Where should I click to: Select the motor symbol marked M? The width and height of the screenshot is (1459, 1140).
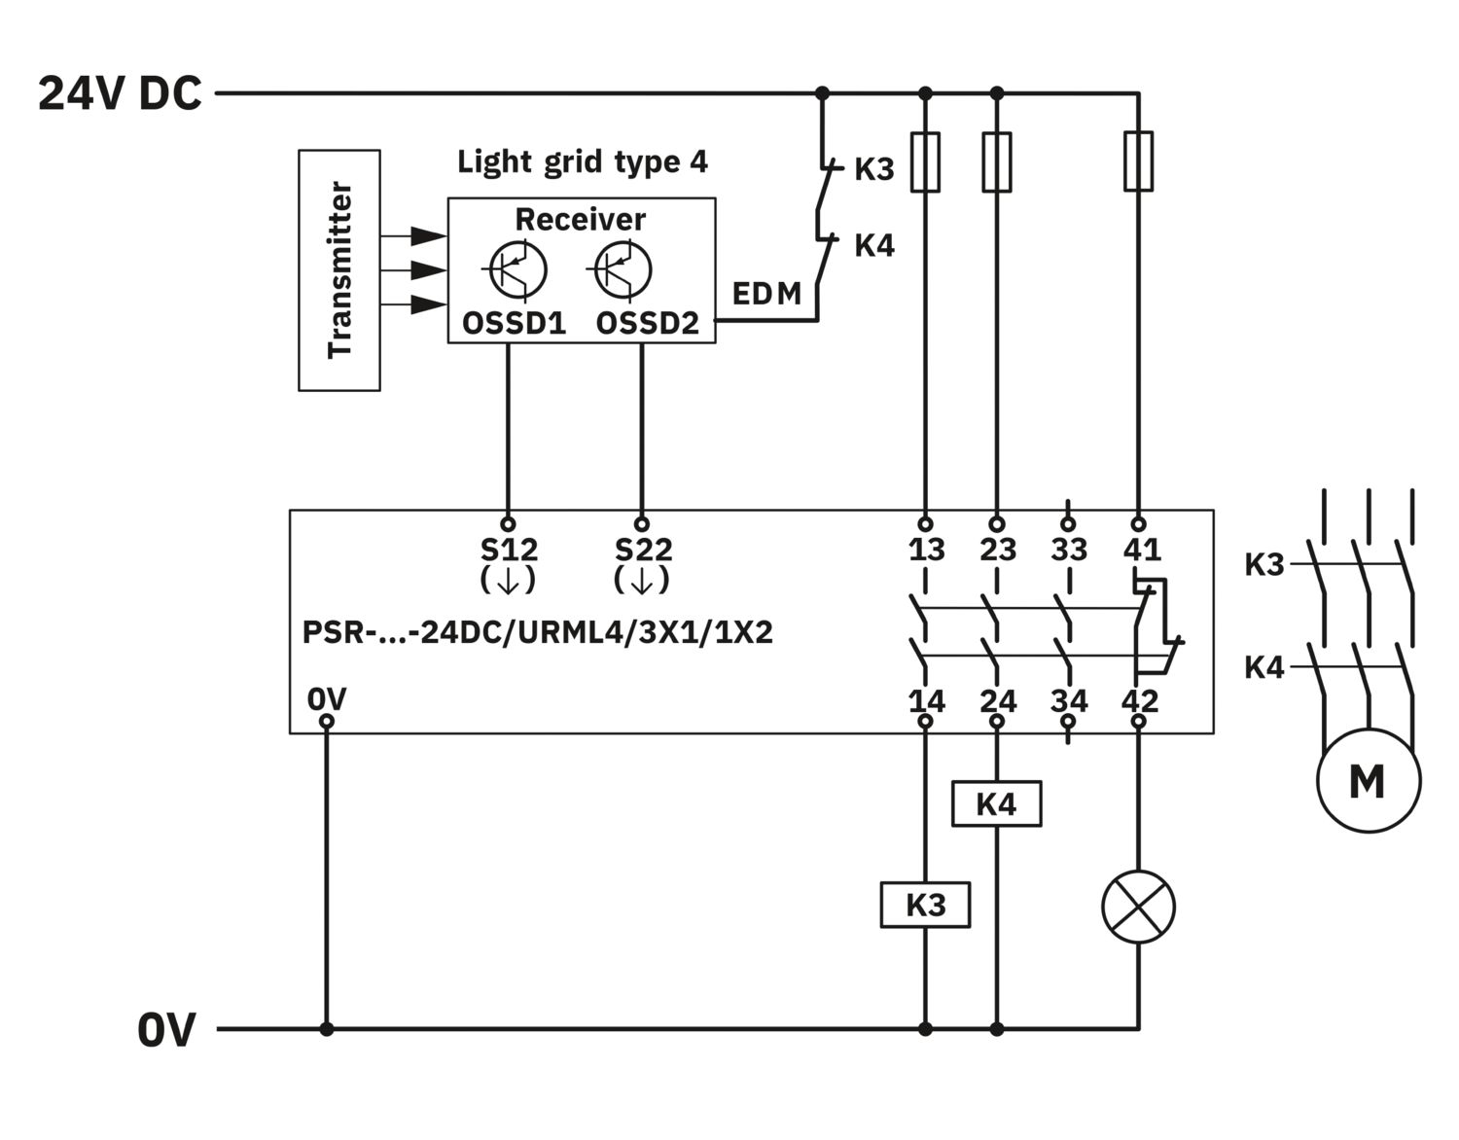click(x=1369, y=780)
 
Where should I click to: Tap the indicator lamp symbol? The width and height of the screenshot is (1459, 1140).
click(x=1138, y=907)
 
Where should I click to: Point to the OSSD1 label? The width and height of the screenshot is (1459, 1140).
click(x=514, y=324)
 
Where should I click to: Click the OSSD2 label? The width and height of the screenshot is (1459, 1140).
click(x=647, y=324)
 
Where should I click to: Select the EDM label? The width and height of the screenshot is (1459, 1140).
click(x=766, y=294)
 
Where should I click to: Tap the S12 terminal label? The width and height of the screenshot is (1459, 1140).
click(x=509, y=550)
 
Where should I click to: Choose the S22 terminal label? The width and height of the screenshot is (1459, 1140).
click(x=643, y=550)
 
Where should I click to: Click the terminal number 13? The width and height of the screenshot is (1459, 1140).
click(x=927, y=550)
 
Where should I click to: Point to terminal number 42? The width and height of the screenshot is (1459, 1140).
click(x=1140, y=701)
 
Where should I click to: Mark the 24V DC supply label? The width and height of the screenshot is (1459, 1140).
click(x=120, y=92)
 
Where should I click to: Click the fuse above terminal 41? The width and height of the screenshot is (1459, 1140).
click(x=1138, y=161)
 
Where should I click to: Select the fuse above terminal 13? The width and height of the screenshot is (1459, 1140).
click(x=925, y=161)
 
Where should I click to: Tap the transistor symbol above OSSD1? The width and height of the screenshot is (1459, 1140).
click(x=517, y=269)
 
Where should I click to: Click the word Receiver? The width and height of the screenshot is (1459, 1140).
click(x=580, y=220)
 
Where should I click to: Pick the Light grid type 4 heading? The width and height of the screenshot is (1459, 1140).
click(x=582, y=162)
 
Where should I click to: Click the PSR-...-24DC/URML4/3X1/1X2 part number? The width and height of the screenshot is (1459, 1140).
click(x=537, y=632)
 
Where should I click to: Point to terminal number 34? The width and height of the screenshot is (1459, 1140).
click(x=1069, y=701)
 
